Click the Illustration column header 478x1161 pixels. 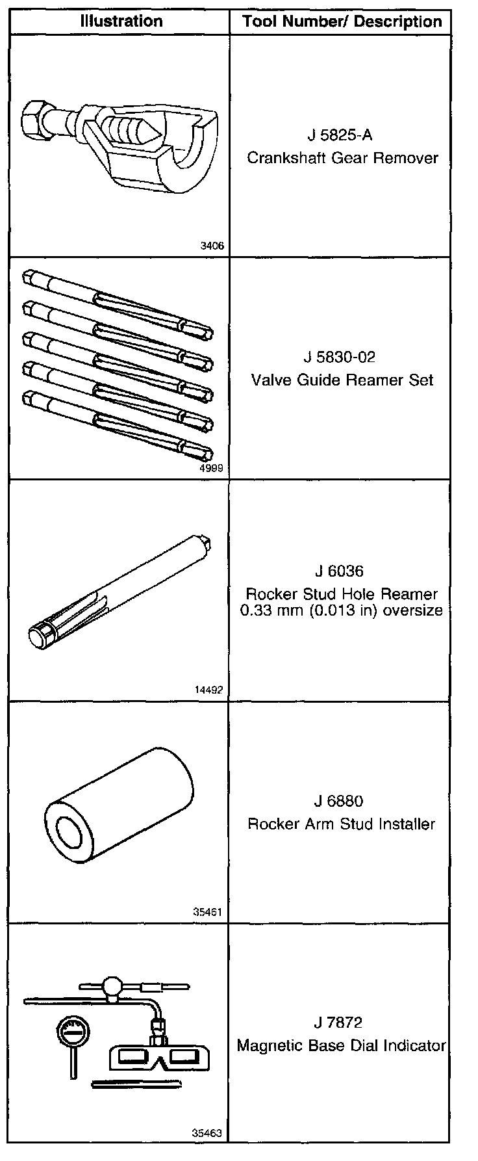(x=121, y=21)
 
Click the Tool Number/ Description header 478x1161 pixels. (x=342, y=22)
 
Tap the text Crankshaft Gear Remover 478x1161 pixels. (x=342, y=158)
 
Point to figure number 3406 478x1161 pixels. (x=212, y=246)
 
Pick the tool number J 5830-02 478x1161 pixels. (x=340, y=358)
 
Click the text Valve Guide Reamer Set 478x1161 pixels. (x=342, y=380)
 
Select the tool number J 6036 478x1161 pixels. (x=338, y=571)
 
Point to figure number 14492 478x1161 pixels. (x=208, y=690)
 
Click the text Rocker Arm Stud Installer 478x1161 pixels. (x=342, y=824)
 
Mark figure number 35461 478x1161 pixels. (x=208, y=912)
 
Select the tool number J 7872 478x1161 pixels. (x=338, y=1023)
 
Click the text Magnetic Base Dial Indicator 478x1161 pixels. (x=342, y=1046)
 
